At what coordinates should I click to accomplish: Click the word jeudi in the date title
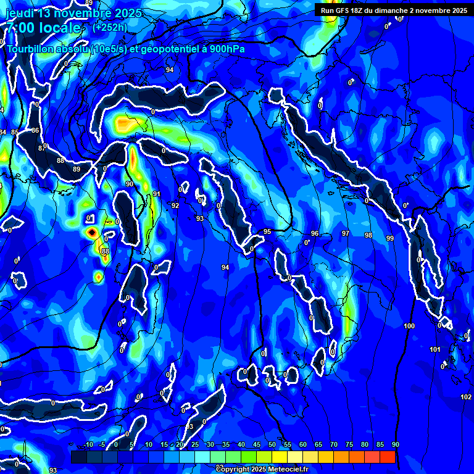coord(19,13)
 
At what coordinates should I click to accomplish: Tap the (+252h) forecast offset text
coord(110,27)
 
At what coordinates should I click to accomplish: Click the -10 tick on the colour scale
coord(88,444)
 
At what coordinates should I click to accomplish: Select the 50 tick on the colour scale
coord(272,444)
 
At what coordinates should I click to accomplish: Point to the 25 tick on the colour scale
coord(195,444)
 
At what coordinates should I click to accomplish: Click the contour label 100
coord(410,325)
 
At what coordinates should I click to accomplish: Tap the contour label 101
coord(435,349)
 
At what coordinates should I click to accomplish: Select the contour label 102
coord(466,396)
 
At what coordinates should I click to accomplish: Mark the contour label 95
coord(267,231)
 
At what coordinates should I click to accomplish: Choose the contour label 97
coord(346,233)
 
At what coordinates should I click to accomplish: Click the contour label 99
coord(389,238)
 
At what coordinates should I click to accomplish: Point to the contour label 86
coord(35,130)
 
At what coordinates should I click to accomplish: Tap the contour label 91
coord(157,194)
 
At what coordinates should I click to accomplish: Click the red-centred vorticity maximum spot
coord(92,232)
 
